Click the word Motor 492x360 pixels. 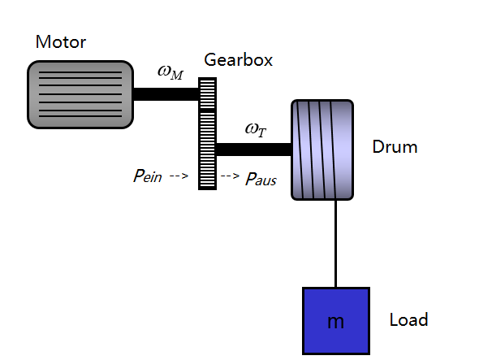(x=61, y=41)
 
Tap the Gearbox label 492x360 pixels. (x=239, y=59)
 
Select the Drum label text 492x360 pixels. (x=395, y=147)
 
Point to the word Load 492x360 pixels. (x=408, y=319)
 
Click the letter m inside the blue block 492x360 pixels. (x=335, y=322)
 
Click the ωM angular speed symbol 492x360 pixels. (x=170, y=72)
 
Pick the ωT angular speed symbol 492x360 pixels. (x=256, y=129)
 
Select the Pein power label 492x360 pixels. (x=148, y=176)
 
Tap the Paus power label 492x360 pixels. (x=261, y=180)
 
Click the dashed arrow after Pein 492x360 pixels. (x=179, y=176)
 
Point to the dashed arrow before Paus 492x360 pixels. (x=230, y=176)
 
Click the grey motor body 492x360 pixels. (x=80, y=94)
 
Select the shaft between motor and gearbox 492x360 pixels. (x=166, y=94)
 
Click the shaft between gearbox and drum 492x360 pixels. (x=254, y=150)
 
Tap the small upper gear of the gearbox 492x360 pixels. (x=207, y=93)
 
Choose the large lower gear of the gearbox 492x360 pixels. (x=207, y=150)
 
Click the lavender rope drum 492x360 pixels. (x=322, y=150)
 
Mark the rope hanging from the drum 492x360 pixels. (x=336, y=244)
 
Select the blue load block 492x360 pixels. (x=336, y=321)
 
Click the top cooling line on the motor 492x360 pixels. (x=80, y=72)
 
